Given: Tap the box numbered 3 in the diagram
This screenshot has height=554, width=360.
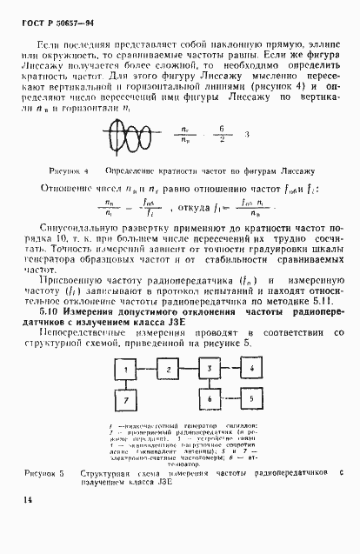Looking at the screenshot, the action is pos(210,370).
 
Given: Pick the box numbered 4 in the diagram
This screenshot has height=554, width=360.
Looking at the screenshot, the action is pos(250,370).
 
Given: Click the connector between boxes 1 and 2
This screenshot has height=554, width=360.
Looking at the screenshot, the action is pos(148,370).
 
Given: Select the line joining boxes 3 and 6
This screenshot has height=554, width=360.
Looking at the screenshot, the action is pos(210,384).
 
